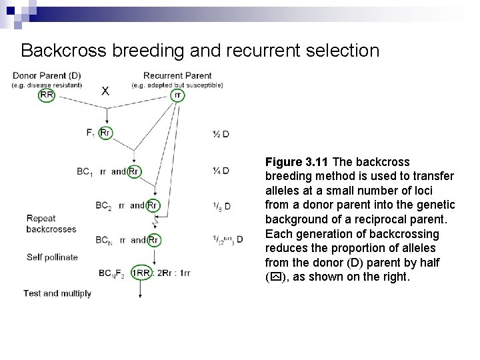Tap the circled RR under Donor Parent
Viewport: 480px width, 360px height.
click(x=47, y=95)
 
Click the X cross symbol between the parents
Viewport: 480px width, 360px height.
click(x=105, y=91)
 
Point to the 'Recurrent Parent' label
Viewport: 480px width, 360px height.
click(x=177, y=75)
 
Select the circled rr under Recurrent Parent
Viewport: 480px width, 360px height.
click(x=177, y=95)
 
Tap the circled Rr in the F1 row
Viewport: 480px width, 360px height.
click(x=105, y=133)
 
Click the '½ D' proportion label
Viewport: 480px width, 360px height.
click(x=220, y=133)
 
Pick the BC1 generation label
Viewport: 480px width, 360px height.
click(x=85, y=172)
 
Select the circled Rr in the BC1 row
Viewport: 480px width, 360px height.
click(x=133, y=171)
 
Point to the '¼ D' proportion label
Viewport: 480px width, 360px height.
click(x=220, y=171)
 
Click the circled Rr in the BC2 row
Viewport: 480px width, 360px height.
click(x=153, y=205)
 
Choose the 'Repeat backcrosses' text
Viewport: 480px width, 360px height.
click(x=51, y=223)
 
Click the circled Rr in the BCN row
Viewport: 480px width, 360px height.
click(x=153, y=239)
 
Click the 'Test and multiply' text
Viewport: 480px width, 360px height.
click(x=57, y=293)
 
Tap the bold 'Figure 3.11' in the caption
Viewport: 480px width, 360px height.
click(x=297, y=162)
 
